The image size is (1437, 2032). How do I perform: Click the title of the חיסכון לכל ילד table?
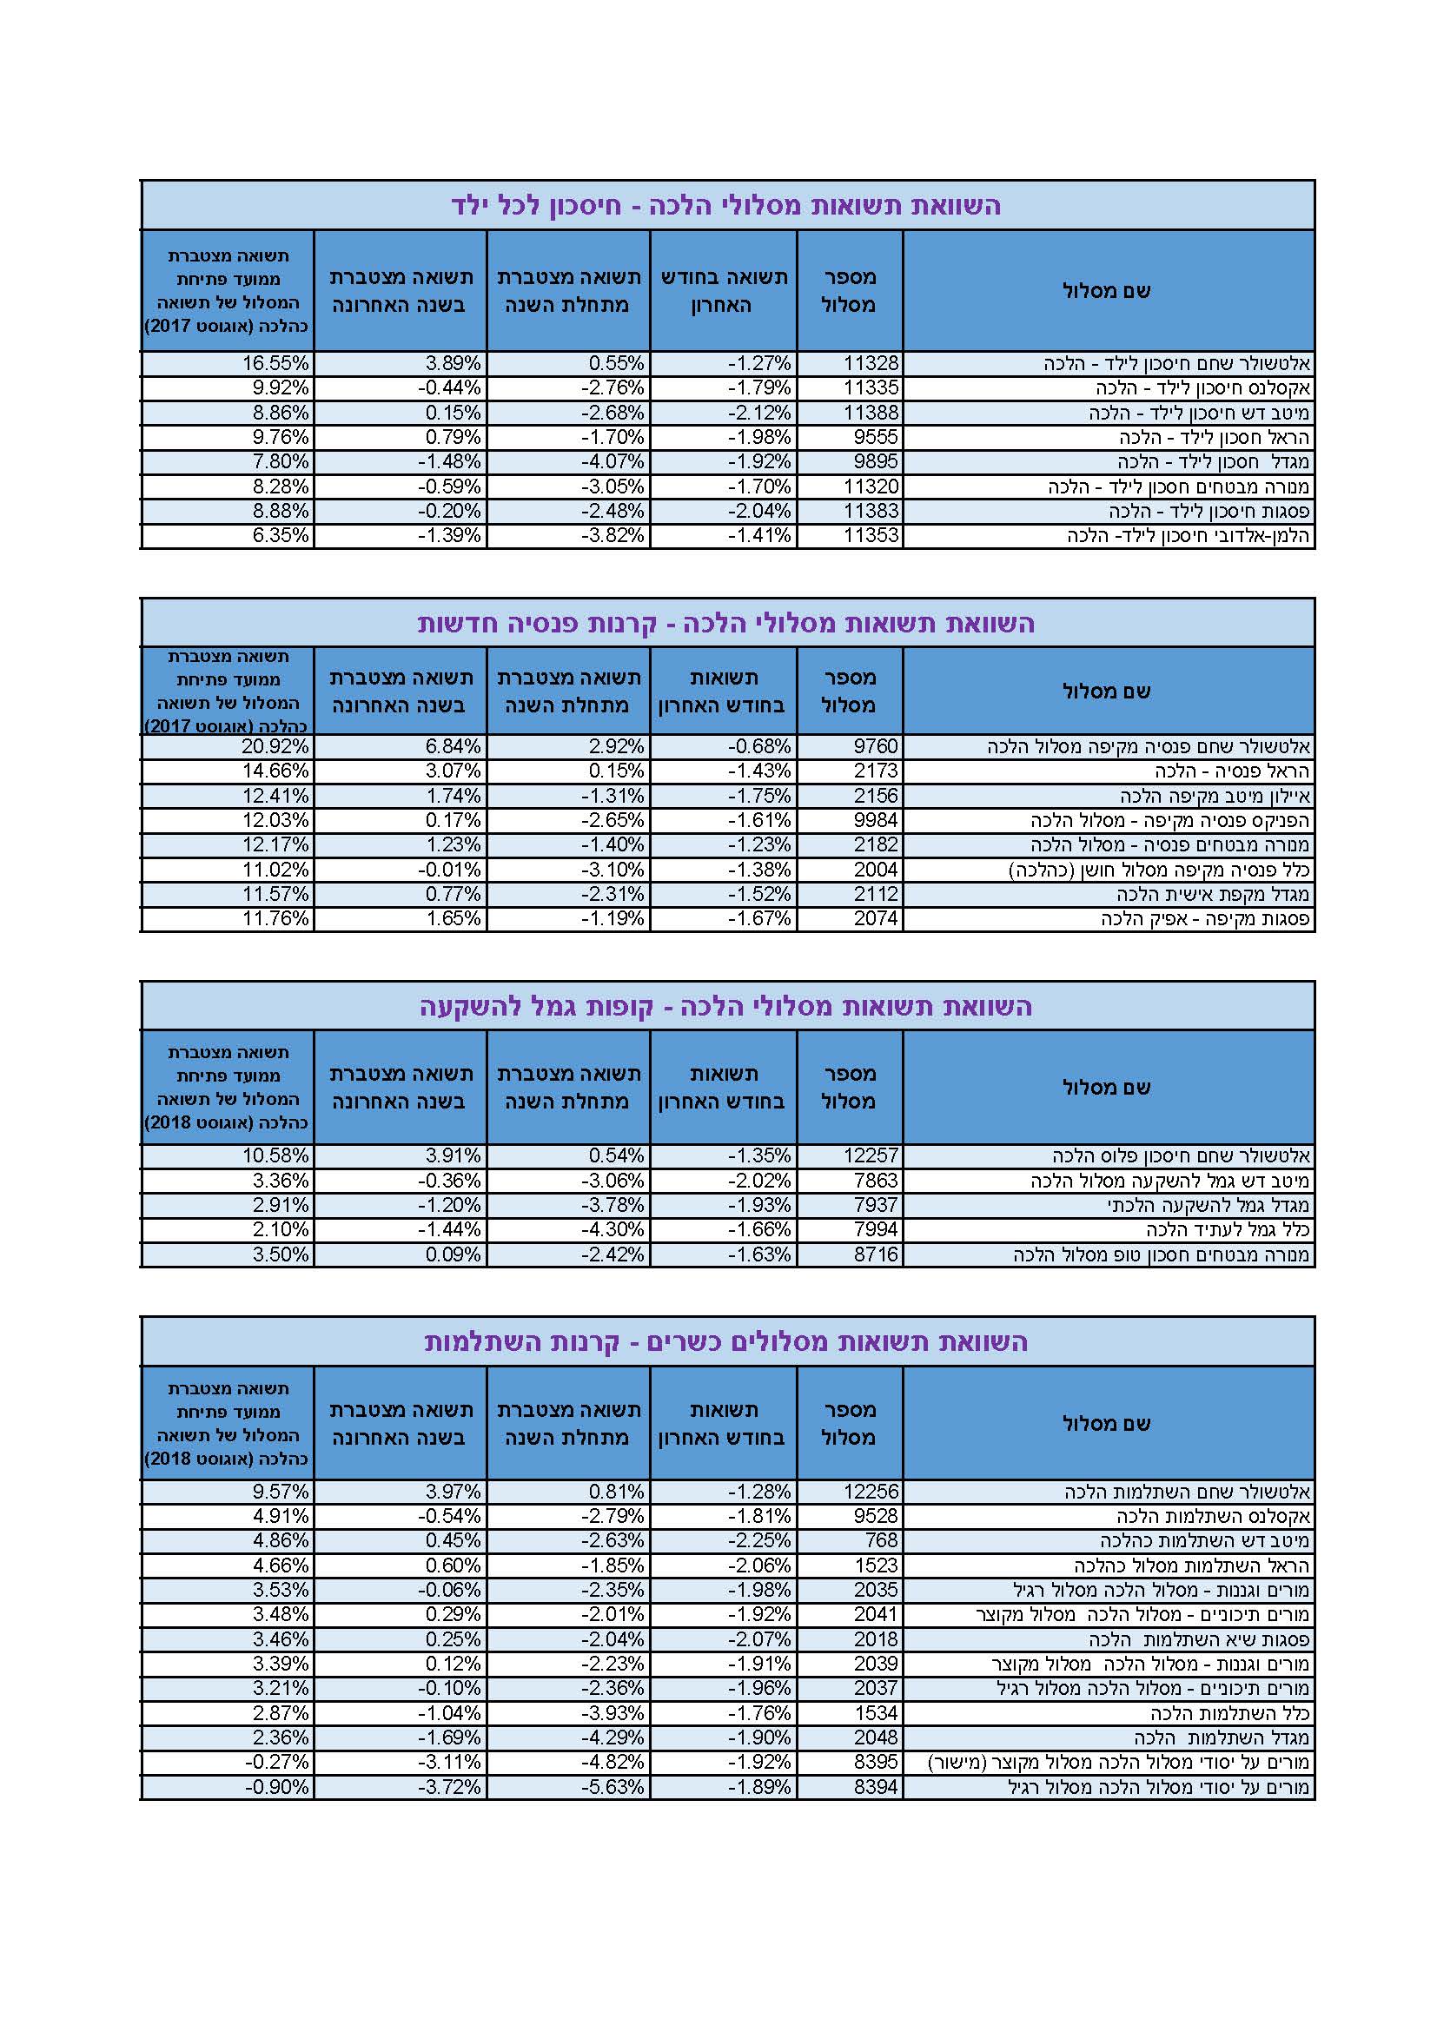(x=725, y=205)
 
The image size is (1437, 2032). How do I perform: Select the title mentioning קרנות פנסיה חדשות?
(x=725, y=623)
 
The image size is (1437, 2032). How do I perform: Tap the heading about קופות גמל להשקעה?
(x=725, y=1006)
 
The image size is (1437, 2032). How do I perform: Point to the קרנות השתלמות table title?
(x=725, y=1341)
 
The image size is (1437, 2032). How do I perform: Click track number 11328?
(x=871, y=363)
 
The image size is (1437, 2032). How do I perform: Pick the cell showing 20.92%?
(x=275, y=746)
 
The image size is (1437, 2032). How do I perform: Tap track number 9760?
(x=875, y=746)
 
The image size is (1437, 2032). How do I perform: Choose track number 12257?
(x=871, y=1155)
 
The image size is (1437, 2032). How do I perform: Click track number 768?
(x=881, y=1540)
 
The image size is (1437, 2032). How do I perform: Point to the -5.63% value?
(x=613, y=1787)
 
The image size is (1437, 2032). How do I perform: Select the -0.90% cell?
(x=277, y=1787)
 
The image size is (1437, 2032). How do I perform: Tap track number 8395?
(x=875, y=1762)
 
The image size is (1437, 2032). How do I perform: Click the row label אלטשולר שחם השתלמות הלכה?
(x=1187, y=1492)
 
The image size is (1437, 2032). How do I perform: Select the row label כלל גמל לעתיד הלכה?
(x=1228, y=1229)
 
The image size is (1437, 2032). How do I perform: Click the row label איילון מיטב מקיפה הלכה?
(x=1215, y=796)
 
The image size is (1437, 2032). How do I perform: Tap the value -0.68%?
(x=759, y=746)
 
